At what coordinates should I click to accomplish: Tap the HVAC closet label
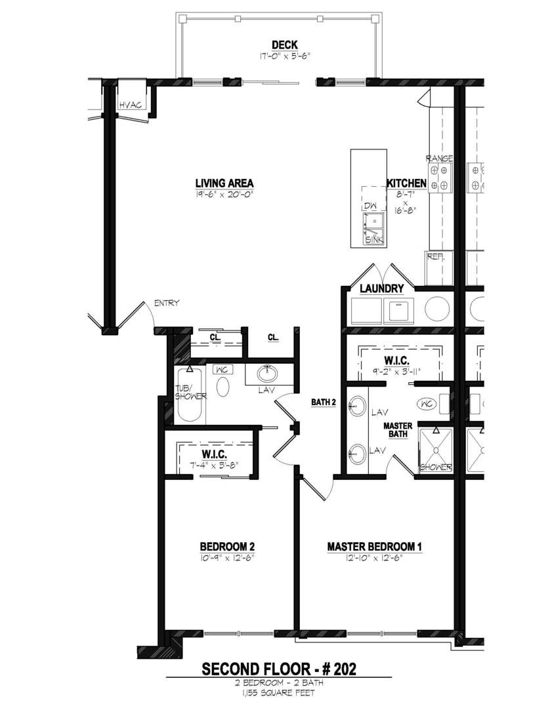tap(130, 106)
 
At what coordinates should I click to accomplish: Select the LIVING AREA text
tap(224, 183)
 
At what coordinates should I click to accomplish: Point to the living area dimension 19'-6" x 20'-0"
tap(224, 194)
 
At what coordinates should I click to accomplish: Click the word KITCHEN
tap(406, 184)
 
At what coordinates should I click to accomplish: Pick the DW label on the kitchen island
tap(369, 206)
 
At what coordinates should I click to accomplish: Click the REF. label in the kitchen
tap(436, 257)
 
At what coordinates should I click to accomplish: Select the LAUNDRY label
tap(381, 288)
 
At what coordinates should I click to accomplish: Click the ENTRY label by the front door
tap(167, 303)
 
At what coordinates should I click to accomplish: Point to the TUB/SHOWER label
tap(190, 392)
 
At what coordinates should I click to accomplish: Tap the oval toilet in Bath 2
tap(223, 387)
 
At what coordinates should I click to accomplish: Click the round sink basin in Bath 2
tap(267, 374)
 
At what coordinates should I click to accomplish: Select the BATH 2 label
tap(324, 403)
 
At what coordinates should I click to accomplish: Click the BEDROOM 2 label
tap(227, 546)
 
